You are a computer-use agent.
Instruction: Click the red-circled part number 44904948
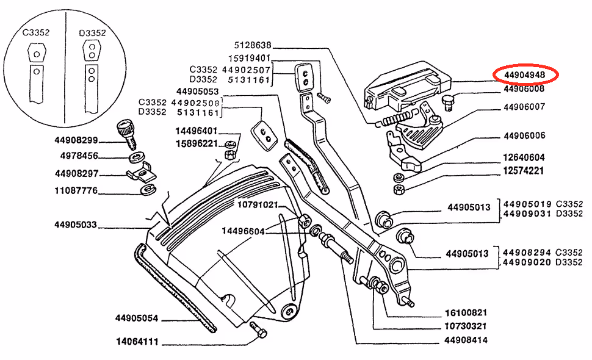point(525,75)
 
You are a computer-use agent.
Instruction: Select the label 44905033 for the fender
point(76,225)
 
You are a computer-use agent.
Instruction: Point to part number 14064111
point(137,342)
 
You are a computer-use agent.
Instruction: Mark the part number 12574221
point(524,171)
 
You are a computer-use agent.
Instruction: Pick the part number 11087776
point(76,191)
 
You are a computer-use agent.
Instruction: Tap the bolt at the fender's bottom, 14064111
point(259,333)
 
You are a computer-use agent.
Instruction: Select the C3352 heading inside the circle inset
point(36,32)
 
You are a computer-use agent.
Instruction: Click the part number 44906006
point(524,135)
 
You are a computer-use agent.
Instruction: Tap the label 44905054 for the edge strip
point(136,318)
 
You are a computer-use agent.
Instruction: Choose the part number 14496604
point(242,231)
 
